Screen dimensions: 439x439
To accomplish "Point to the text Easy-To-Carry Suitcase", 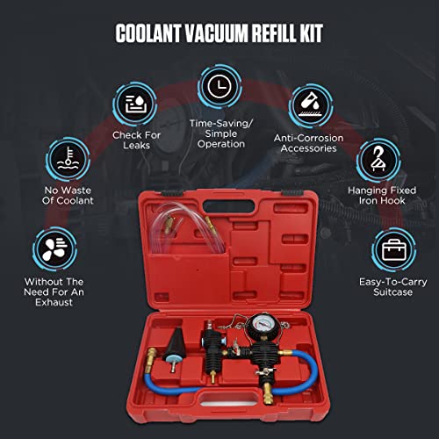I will pos(388,287).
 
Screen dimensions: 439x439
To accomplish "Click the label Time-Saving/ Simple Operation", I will pos(219,133).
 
